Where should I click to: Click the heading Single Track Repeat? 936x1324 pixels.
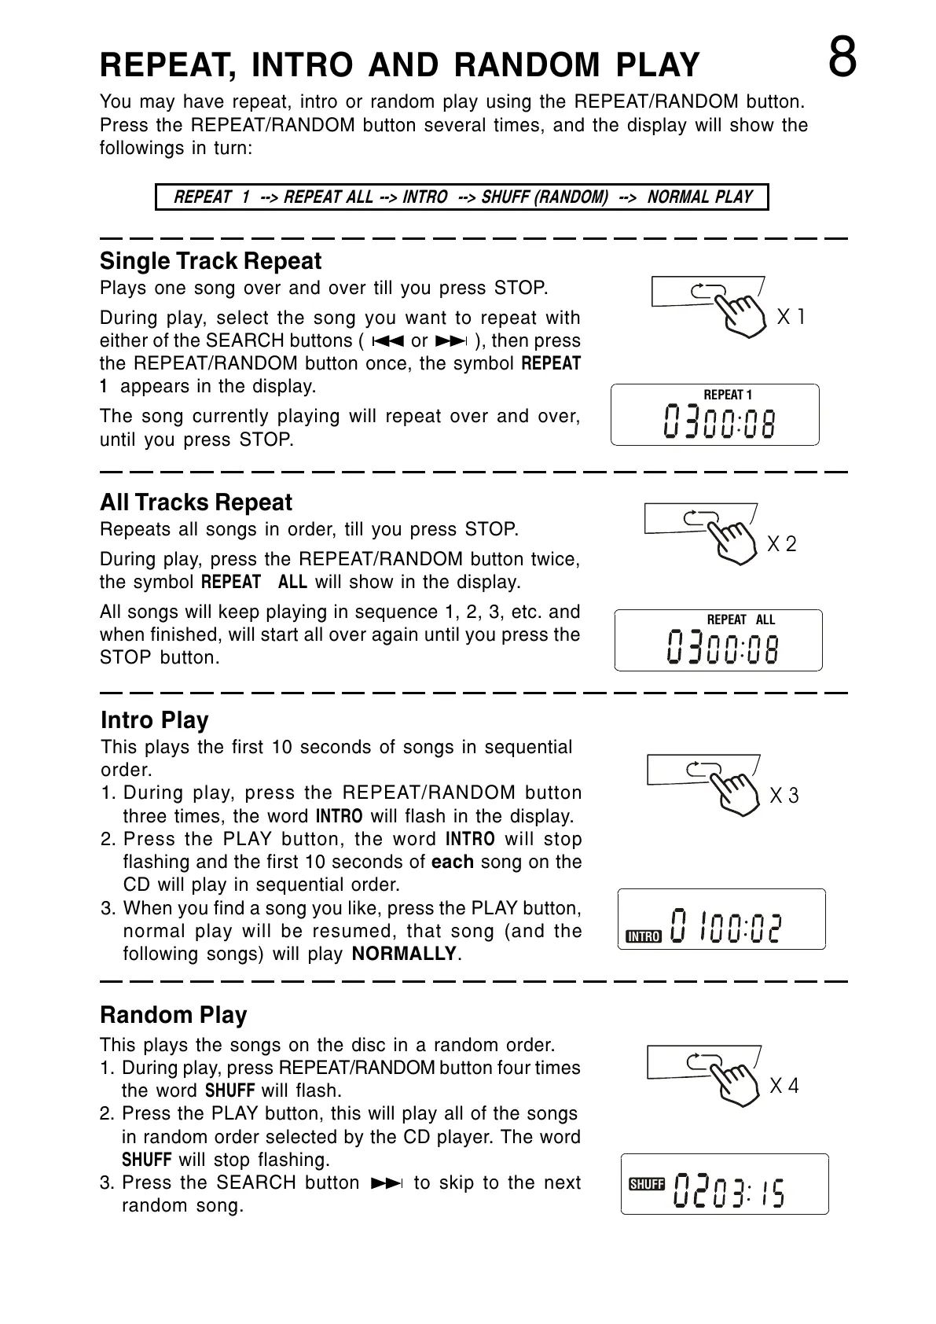(x=211, y=261)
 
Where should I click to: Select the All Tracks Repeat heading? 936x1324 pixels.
(x=196, y=502)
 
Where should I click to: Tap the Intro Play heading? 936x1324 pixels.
(x=155, y=720)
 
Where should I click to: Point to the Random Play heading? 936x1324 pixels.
(x=174, y=1015)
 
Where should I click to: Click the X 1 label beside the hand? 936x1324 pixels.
(x=791, y=318)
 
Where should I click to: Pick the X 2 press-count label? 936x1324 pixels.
(x=781, y=544)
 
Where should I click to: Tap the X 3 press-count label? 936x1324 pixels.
(x=784, y=796)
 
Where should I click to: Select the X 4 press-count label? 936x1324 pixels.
(x=784, y=1087)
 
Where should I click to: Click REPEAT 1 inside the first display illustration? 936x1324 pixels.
(x=727, y=395)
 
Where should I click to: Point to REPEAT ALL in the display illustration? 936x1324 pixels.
(x=740, y=620)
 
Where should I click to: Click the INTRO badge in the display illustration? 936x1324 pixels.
(x=644, y=936)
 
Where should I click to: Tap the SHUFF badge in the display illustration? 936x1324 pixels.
(x=647, y=1185)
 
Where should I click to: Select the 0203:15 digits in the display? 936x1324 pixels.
(x=729, y=1192)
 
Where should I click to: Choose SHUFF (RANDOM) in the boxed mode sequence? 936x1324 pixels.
(x=545, y=197)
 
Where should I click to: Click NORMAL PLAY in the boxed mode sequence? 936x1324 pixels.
(x=699, y=197)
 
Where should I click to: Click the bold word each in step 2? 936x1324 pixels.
(x=453, y=862)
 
